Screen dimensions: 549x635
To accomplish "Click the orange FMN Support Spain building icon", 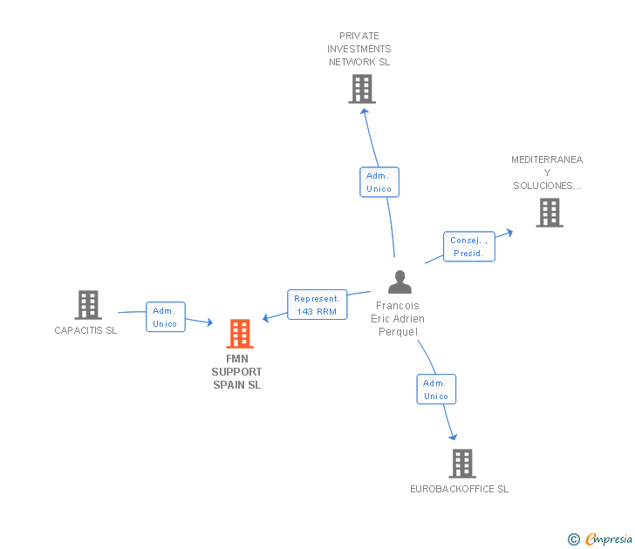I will pyautogui.click(x=240, y=334).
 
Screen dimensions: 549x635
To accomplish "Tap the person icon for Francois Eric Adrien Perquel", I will pyautogui.click(x=399, y=282).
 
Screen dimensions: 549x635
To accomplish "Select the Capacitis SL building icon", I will pyautogui.click(x=87, y=305).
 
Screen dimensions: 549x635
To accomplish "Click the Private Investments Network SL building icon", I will pyautogui.click(x=361, y=89).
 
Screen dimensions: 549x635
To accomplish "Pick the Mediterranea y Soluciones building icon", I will pyautogui.click(x=549, y=213).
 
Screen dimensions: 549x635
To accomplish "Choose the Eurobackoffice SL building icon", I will pyautogui.click(x=462, y=464).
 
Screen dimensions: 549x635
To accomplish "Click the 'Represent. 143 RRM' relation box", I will pyautogui.click(x=317, y=305).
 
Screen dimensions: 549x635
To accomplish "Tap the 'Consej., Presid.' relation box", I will pyautogui.click(x=468, y=247).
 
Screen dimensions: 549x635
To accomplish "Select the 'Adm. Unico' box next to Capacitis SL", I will pyautogui.click(x=165, y=317).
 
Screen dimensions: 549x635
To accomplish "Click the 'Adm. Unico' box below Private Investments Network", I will pyautogui.click(x=379, y=182).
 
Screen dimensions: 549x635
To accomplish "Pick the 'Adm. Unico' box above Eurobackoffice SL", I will pyautogui.click(x=435, y=390).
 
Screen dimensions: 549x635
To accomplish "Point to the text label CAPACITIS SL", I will pyautogui.click(x=85, y=330).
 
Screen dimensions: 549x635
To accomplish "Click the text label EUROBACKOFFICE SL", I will pyautogui.click(x=460, y=489).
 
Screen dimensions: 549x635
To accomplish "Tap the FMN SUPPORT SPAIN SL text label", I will pyautogui.click(x=237, y=371).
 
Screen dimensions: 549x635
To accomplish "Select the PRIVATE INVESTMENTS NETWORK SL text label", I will pyautogui.click(x=359, y=49).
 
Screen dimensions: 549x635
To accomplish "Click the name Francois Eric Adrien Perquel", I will pyautogui.click(x=398, y=319).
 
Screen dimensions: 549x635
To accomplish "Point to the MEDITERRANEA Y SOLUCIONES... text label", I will pyautogui.click(x=547, y=173).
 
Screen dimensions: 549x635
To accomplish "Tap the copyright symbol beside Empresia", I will pyautogui.click(x=574, y=540).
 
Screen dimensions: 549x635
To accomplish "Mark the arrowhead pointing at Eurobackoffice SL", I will pyautogui.click(x=452, y=435).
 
